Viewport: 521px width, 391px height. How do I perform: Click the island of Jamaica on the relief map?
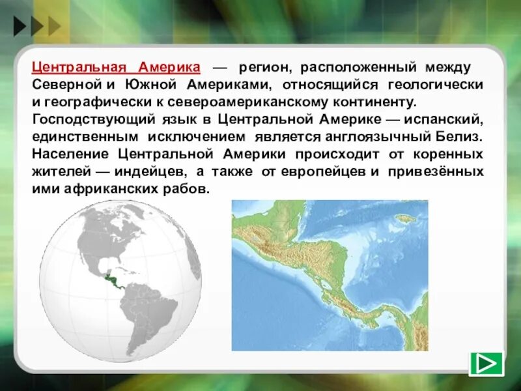click(x=407, y=218)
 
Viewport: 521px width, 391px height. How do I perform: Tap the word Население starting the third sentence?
click(x=72, y=154)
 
